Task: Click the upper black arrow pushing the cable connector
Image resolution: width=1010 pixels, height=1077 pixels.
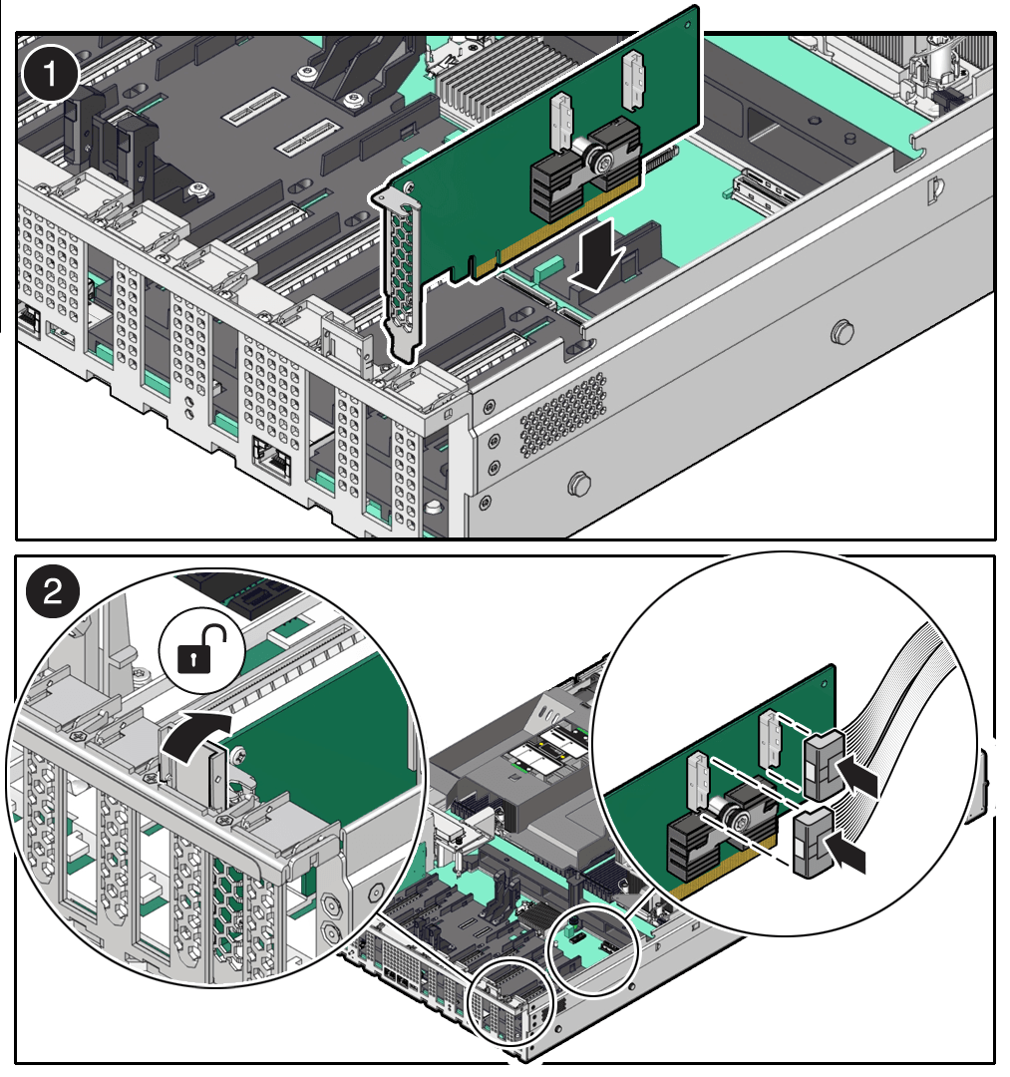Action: point(857,779)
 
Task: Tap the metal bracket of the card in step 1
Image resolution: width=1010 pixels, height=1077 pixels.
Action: point(403,269)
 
